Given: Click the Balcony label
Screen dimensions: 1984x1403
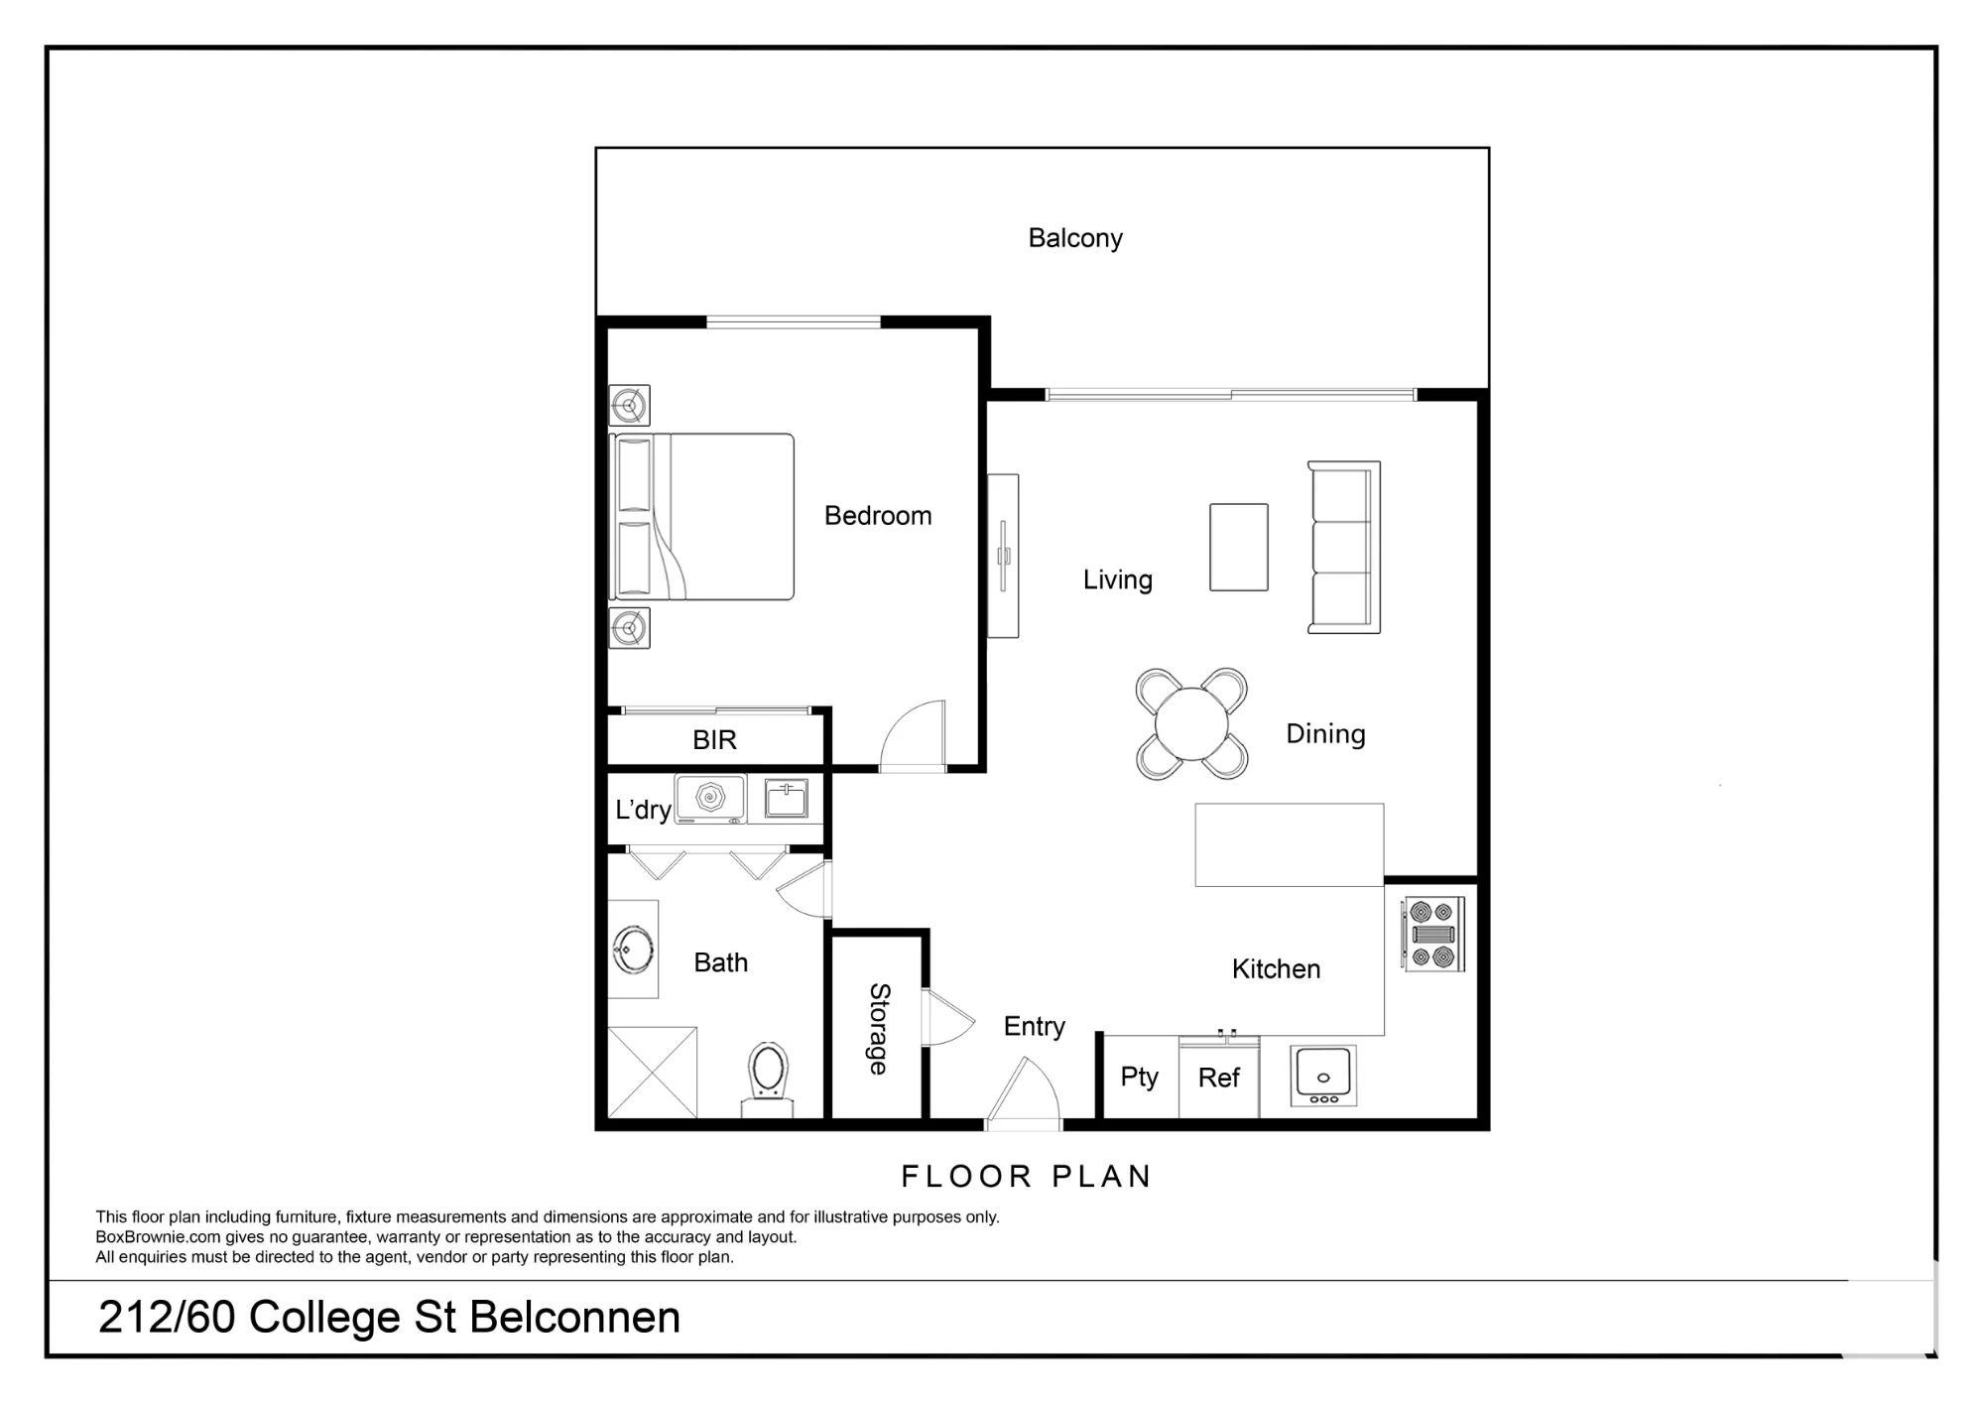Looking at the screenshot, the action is point(1075,238).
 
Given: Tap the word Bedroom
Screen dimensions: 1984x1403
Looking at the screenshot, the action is point(878,516).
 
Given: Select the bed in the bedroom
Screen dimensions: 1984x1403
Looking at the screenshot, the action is point(701,517).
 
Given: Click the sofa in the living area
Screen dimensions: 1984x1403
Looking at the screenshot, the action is point(1344,548).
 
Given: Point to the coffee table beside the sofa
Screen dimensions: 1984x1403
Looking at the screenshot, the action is point(1239,548).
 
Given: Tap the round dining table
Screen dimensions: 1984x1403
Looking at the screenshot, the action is point(1191,723).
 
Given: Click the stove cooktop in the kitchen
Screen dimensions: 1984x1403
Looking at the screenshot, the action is point(1433,934).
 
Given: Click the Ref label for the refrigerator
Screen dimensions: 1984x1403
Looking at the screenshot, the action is point(1218,1078).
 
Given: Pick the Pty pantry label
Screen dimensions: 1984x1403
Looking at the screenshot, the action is point(1139,1078).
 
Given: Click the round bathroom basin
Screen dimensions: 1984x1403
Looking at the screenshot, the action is point(633,950).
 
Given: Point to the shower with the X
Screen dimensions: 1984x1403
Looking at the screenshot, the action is point(652,1072).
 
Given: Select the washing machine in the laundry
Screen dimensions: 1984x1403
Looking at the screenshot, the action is point(710,799).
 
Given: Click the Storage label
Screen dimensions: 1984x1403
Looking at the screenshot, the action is point(879,1029).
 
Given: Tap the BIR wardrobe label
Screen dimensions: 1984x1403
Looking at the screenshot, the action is point(714,740).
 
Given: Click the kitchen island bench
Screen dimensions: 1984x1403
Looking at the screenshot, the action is point(1290,844).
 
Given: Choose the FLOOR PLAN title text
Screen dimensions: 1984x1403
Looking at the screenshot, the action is point(1026,1177).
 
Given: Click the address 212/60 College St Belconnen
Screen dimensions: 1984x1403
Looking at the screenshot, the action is point(389,1318).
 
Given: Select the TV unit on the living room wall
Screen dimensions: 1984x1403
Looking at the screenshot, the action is point(1003,556).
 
